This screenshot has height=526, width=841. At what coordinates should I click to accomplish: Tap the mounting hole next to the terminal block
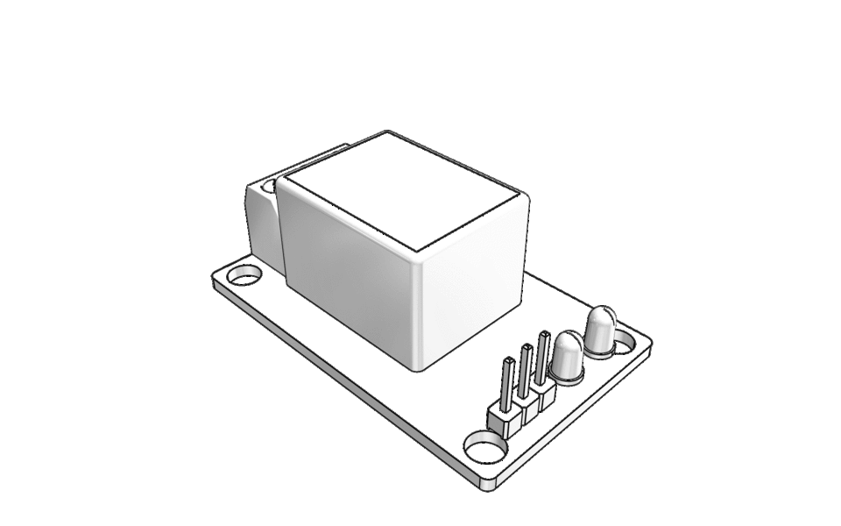[244, 277]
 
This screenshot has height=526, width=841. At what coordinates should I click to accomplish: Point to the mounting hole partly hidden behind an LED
[625, 339]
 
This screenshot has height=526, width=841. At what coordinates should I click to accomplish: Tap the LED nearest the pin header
[568, 355]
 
